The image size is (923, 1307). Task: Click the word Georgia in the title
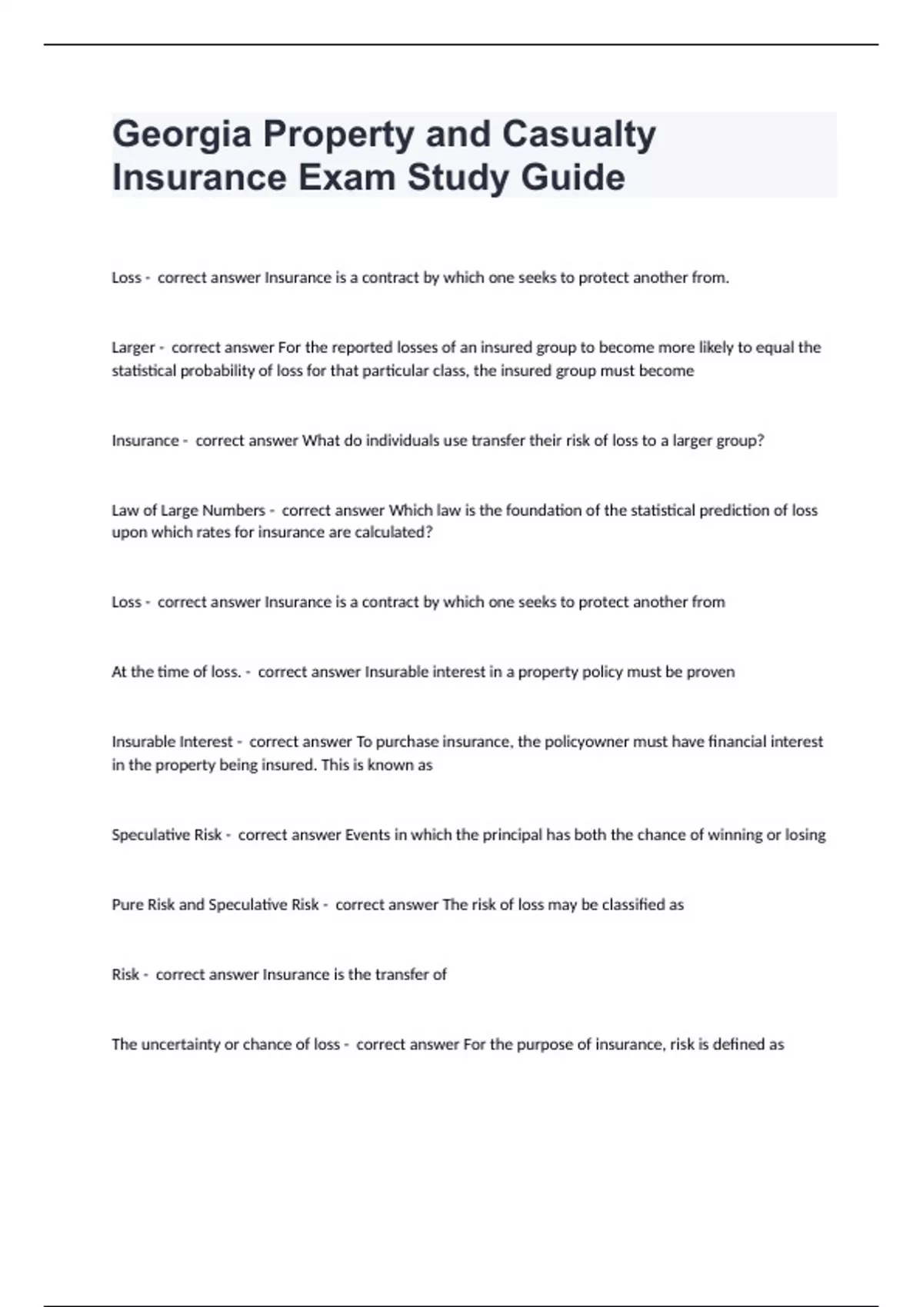(182, 135)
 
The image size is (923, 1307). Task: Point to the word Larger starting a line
(133, 348)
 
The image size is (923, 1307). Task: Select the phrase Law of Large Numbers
(188, 510)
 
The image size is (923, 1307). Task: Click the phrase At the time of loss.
(176, 672)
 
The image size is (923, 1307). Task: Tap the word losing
(805, 835)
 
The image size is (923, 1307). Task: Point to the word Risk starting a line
(125, 975)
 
